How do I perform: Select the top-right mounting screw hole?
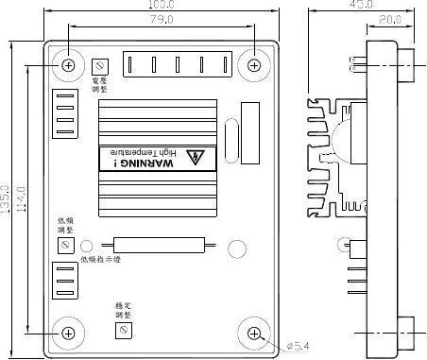[255, 64]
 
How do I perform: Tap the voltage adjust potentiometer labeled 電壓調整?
[100, 64]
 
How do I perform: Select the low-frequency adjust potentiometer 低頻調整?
[66, 244]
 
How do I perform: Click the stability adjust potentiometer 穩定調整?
[121, 329]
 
